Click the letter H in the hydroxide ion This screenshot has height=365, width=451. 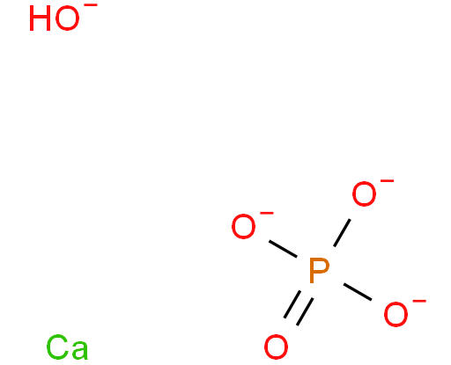[41, 18]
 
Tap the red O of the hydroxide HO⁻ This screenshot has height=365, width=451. [67, 18]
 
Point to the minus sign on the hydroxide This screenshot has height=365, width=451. [92, 4]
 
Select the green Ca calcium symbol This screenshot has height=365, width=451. [67, 347]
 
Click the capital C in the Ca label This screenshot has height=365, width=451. [57, 347]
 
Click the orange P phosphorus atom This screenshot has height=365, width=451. [319, 271]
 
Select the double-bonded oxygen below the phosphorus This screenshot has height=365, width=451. [276, 347]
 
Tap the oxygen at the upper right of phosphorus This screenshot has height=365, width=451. [364, 193]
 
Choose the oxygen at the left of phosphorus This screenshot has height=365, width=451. [243, 226]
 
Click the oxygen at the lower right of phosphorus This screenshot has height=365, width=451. [396, 314]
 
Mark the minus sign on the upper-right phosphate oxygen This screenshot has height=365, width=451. [388, 180]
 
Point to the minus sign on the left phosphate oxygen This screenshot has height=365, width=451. [267, 213]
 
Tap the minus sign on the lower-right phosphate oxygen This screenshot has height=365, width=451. [419, 301]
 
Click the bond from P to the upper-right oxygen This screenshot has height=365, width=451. [342, 233]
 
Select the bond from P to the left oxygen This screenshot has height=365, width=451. [283, 249]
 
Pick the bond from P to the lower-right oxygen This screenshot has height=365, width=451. [358, 292]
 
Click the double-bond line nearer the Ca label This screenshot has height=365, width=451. [292, 304]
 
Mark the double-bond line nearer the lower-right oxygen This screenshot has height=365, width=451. [305, 311]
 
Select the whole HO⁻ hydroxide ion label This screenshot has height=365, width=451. [63, 17]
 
